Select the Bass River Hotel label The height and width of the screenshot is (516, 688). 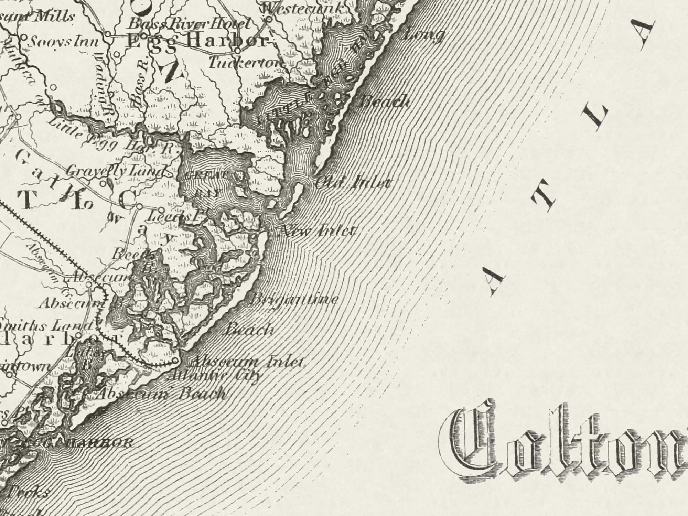[x=188, y=24]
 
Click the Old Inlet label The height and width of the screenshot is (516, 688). [x=352, y=182]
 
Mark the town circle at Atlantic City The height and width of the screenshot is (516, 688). [x=175, y=361]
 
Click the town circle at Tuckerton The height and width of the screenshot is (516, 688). [x=237, y=51]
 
